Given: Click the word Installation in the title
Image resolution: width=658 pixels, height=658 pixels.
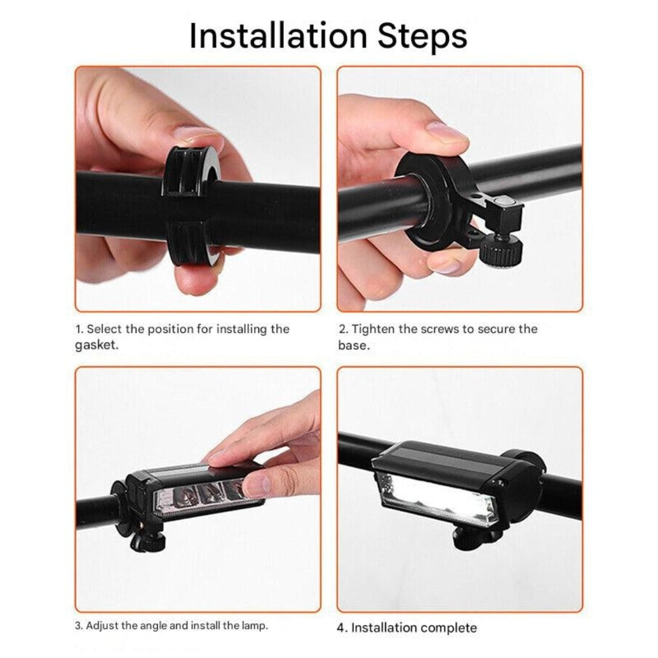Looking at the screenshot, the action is [278, 36].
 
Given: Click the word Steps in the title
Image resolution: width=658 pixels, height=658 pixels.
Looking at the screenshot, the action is [422, 38].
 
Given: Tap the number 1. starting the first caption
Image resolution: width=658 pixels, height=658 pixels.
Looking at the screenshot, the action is [79, 329].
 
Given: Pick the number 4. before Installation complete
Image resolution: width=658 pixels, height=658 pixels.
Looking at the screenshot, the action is [342, 628].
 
